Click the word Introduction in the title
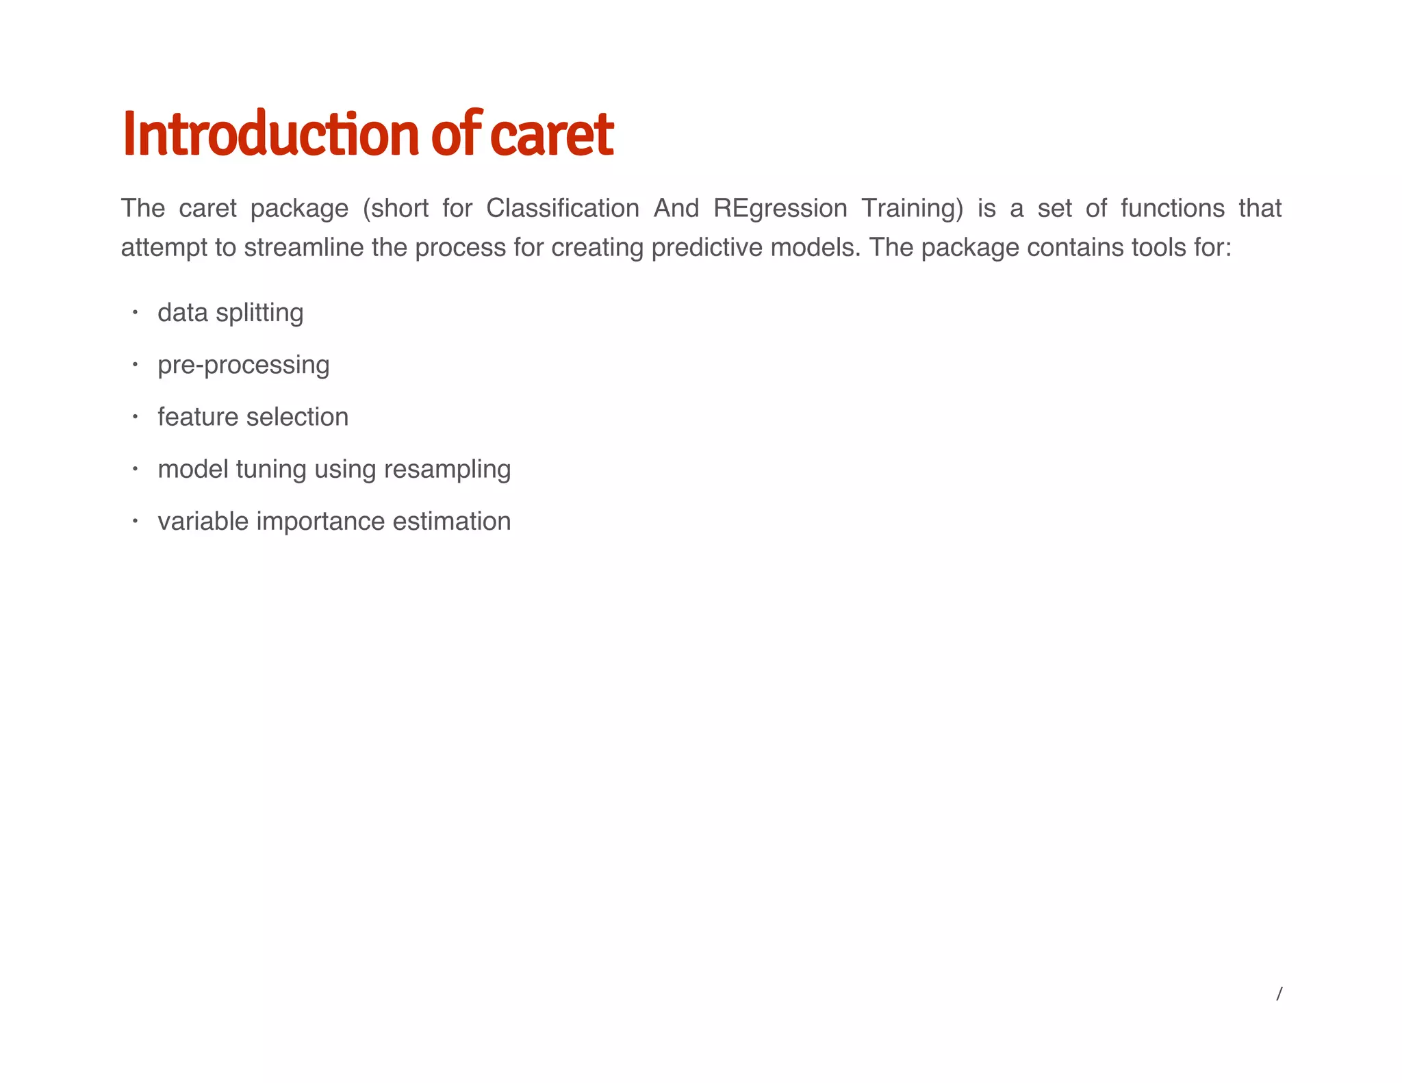click(270, 135)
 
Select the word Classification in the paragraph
click(563, 208)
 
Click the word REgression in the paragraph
click(780, 208)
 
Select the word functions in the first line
click(1172, 208)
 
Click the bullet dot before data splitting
click(136, 313)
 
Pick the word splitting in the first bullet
click(259, 313)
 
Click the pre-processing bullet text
click(243, 365)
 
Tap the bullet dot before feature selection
click(136, 417)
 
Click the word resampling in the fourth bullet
click(447, 470)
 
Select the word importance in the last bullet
click(320, 522)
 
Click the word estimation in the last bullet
click(451, 522)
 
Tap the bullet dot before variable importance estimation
click(136, 522)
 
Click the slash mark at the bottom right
click(1279, 994)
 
